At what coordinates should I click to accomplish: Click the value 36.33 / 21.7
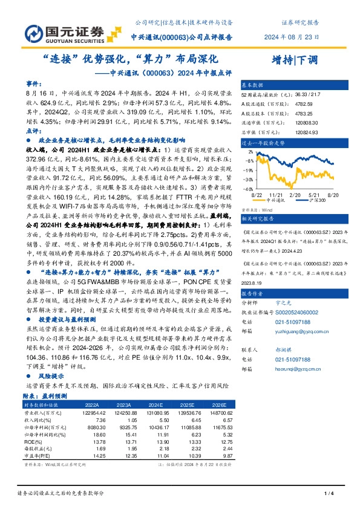tap(303, 94)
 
